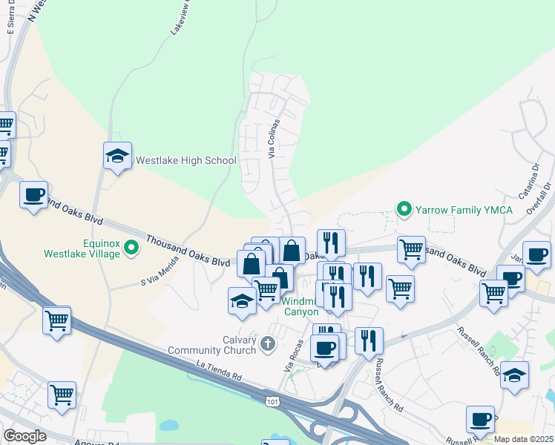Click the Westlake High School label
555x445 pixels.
(x=185, y=160)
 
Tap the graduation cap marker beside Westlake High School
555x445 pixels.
(x=117, y=156)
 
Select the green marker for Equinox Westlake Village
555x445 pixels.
(x=132, y=247)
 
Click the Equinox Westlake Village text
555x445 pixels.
(x=89, y=247)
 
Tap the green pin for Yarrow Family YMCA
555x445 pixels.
(x=404, y=210)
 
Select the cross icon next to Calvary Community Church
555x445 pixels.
(x=267, y=343)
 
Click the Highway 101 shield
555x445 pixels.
(x=273, y=400)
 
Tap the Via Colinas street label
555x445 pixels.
(x=275, y=139)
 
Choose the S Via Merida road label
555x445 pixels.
(x=160, y=271)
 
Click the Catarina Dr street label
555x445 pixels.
(x=532, y=179)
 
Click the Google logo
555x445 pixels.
(x=24, y=436)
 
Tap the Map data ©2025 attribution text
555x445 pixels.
(x=524, y=439)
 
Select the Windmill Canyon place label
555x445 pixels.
(x=301, y=306)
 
